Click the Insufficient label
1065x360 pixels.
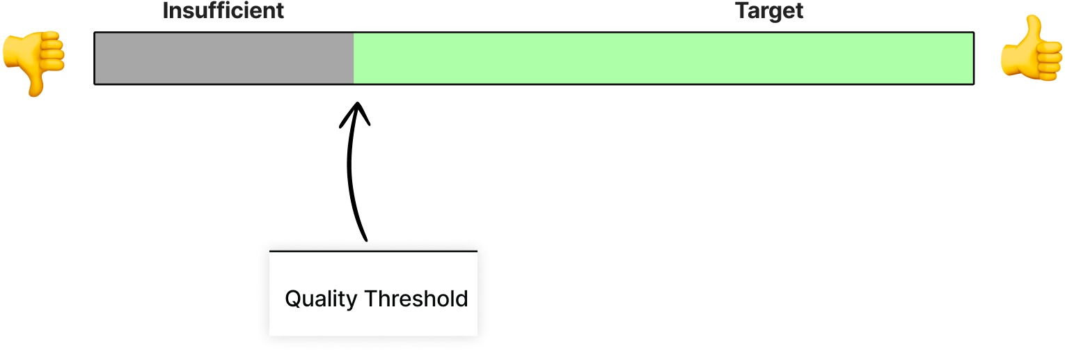tap(223, 11)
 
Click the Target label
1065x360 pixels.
tap(768, 11)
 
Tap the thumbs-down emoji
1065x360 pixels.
tap(33, 63)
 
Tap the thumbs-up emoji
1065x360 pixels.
tap(1032, 47)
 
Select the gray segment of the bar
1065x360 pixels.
tap(224, 58)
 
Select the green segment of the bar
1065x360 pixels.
tap(663, 58)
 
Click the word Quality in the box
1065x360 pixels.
tap(321, 299)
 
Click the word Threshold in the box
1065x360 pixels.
tap(416, 299)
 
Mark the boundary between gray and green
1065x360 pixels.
tap(354, 58)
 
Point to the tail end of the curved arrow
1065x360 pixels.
tap(365, 240)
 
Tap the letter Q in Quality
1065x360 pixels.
tap(292, 299)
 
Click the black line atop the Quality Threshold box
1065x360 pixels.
tap(373, 251)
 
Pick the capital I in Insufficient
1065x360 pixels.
tap(165, 10)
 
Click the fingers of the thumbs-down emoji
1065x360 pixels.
tap(52, 52)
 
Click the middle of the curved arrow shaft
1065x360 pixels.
tap(350, 171)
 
